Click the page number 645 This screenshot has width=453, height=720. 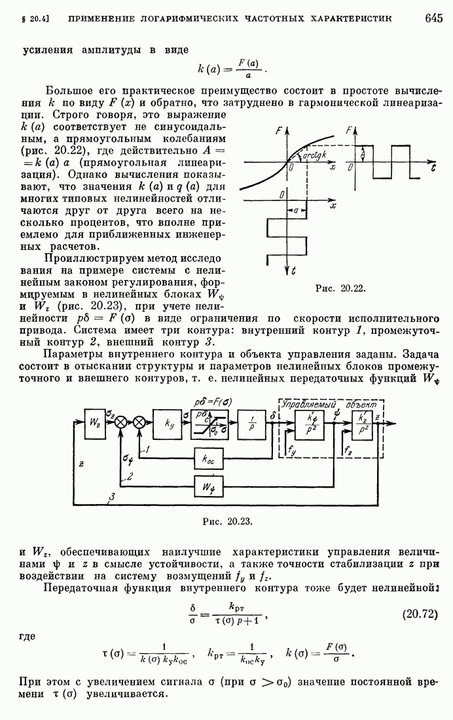433,18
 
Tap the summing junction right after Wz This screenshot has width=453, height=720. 121,423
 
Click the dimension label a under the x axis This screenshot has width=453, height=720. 296,211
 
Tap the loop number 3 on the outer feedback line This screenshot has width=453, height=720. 113,499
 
